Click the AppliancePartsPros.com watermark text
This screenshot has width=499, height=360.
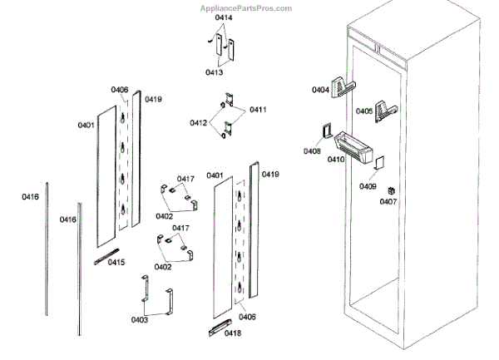(247, 8)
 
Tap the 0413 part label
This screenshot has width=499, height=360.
(214, 72)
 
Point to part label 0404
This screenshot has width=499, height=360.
(321, 90)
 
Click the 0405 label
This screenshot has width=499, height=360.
(364, 111)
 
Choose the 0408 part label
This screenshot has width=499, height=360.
(312, 151)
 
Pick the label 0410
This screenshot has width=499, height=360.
(336, 159)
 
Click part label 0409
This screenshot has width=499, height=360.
(368, 186)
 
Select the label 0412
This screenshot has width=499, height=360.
(198, 122)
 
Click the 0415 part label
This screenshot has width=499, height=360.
(116, 263)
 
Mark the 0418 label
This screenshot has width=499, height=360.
(232, 333)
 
